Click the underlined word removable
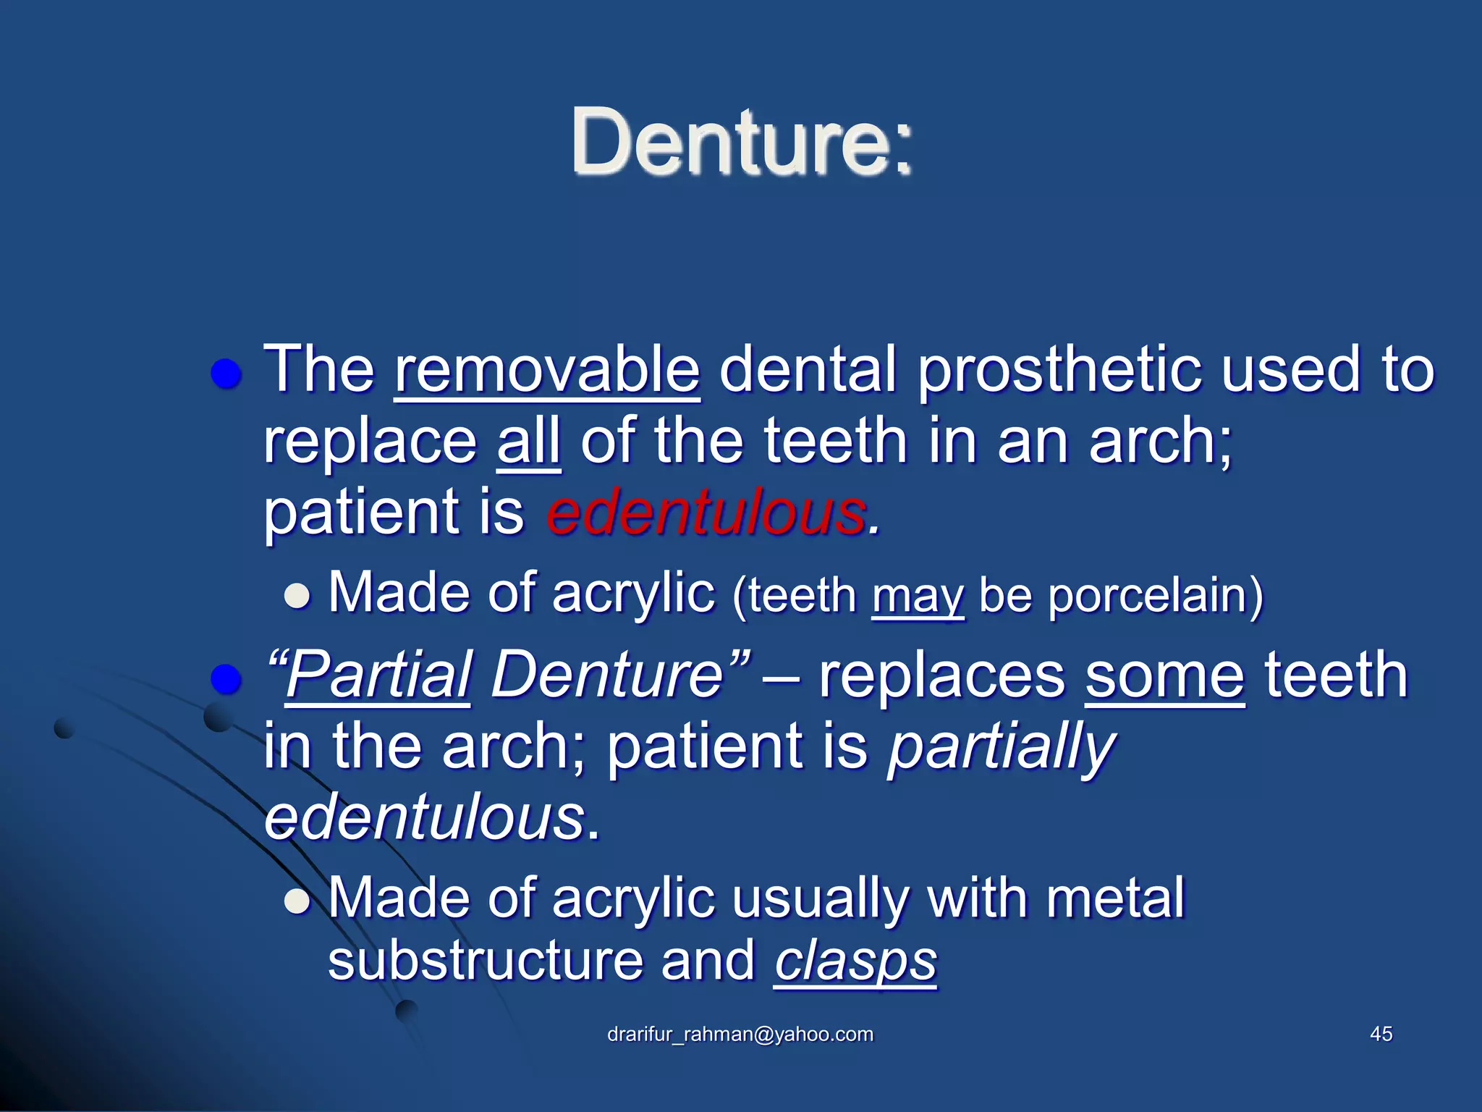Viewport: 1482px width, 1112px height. click(547, 371)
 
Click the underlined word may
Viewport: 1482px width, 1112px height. click(918, 597)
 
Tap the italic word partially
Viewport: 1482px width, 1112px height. click(1001, 747)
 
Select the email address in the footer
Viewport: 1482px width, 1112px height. click(740, 1035)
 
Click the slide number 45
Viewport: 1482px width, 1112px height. click(1381, 1035)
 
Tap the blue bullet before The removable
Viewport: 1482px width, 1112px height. click(225, 375)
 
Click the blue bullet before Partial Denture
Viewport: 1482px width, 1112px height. click(225, 679)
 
